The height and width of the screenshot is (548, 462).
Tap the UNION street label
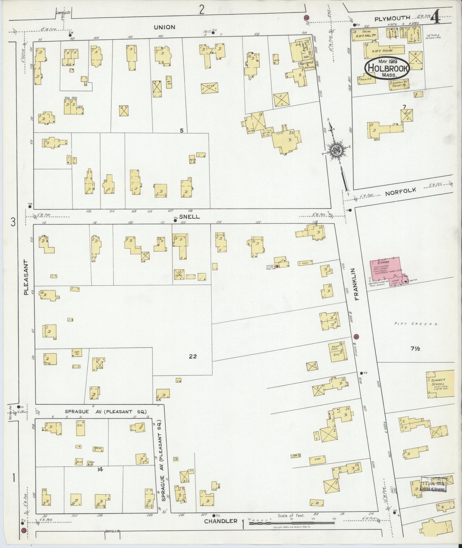click(164, 27)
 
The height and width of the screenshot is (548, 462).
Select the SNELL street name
click(189, 216)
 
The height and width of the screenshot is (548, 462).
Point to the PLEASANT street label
click(27, 277)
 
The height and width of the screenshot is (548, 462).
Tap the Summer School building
click(440, 384)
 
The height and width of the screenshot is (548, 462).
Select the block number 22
click(192, 356)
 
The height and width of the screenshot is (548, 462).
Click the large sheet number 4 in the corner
click(435, 18)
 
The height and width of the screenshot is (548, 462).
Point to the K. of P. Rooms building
click(383, 50)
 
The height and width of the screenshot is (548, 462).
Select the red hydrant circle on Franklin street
click(357, 336)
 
